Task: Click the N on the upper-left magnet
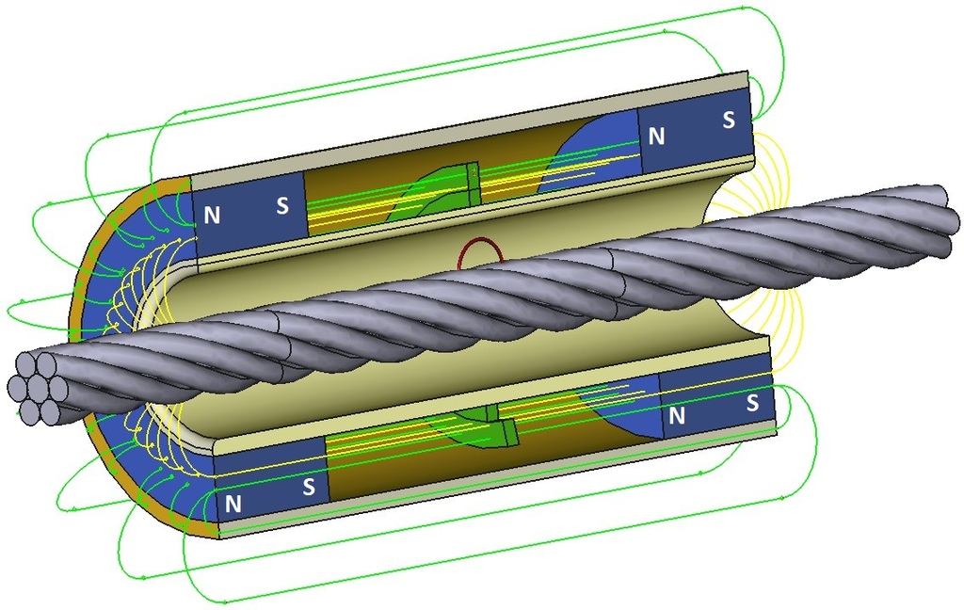tap(213, 215)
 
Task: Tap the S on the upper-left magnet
tap(282, 205)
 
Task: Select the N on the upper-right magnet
tap(656, 136)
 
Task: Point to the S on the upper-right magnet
tap(729, 120)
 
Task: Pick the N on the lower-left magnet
tap(234, 504)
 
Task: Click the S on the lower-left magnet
tap(308, 489)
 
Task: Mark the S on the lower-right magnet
tap(752, 403)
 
